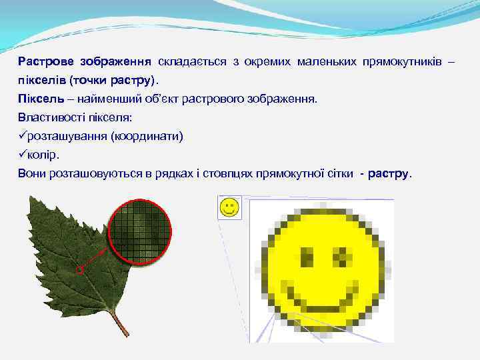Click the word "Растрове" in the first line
pyautogui.click(x=46, y=62)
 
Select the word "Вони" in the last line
pyautogui.click(x=33, y=173)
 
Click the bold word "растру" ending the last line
pyautogui.click(x=387, y=173)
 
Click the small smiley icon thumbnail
pyautogui.click(x=229, y=207)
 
